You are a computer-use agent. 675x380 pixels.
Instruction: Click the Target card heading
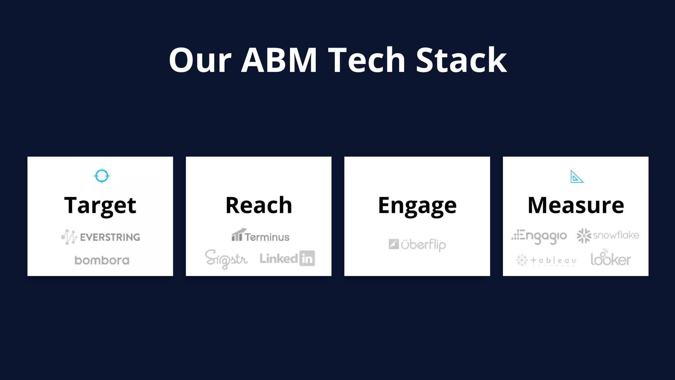tap(100, 205)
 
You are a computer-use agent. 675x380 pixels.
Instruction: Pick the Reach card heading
tap(259, 205)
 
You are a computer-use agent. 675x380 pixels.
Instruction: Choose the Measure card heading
tap(576, 205)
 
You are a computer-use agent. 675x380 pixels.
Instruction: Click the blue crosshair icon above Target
tap(102, 176)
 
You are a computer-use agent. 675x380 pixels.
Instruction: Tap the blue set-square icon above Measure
tap(576, 177)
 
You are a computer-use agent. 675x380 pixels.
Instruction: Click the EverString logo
tap(101, 237)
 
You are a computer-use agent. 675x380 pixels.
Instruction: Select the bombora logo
tap(102, 260)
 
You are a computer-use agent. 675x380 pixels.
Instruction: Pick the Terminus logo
tap(260, 236)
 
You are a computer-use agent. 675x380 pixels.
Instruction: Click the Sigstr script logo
tap(226, 259)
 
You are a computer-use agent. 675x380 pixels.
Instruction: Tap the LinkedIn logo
tap(287, 258)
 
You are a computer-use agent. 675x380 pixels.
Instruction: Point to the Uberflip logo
tap(417, 245)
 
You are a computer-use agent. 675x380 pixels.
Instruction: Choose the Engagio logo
tap(539, 236)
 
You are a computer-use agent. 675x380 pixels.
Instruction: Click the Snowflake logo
tap(608, 236)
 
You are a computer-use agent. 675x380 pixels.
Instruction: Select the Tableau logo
tap(546, 261)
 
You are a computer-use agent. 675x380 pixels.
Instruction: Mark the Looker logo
tap(611, 258)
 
